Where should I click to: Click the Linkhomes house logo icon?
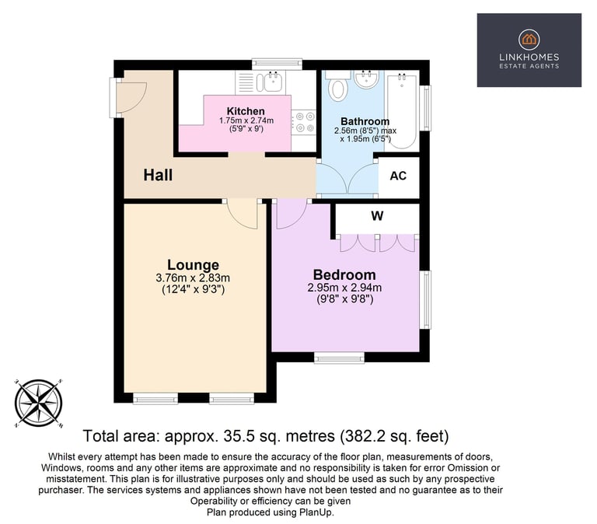(529, 39)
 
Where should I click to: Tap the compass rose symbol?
(38, 403)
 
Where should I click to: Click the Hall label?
(158, 175)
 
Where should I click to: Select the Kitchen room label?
(246, 111)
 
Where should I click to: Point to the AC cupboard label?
(398, 176)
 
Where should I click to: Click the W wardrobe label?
(377, 216)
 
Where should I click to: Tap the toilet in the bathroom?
(337, 86)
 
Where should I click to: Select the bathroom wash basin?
(366, 79)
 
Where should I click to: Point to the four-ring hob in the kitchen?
(304, 122)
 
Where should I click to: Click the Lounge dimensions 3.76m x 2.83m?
(193, 278)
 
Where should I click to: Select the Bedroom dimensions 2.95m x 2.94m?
(344, 288)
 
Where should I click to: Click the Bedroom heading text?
(344, 275)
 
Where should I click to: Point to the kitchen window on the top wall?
(277, 64)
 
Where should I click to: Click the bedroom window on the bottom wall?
(339, 357)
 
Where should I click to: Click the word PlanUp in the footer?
(316, 512)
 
